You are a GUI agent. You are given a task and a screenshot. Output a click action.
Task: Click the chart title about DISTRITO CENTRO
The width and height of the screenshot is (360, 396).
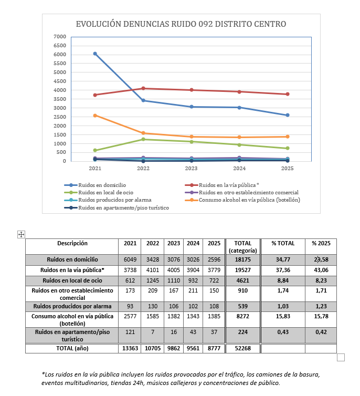click(x=181, y=24)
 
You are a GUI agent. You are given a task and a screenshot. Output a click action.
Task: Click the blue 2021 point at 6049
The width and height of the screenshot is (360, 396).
click(x=95, y=54)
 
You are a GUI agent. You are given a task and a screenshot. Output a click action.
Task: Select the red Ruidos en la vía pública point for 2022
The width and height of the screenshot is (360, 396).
click(x=143, y=88)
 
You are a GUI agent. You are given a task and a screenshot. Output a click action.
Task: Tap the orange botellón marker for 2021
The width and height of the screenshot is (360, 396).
click(x=95, y=116)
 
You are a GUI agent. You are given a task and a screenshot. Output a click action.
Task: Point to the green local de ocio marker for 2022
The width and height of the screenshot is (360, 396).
click(x=143, y=139)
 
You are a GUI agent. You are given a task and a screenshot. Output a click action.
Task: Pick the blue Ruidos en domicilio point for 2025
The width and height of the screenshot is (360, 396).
click(x=288, y=115)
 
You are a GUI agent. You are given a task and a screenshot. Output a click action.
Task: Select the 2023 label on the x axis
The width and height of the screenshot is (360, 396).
click(x=191, y=169)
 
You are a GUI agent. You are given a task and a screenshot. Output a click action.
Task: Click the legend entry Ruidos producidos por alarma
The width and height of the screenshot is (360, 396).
click(x=114, y=200)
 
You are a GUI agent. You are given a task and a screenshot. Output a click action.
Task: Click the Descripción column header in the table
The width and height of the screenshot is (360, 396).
click(x=72, y=243)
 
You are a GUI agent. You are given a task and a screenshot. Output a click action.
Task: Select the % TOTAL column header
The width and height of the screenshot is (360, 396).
click(x=283, y=243)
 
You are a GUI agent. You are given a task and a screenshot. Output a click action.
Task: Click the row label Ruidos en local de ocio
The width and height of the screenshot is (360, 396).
click(x=72, y=280)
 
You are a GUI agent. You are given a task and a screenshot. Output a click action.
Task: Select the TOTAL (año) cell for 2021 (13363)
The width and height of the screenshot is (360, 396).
click(x=130, y=348)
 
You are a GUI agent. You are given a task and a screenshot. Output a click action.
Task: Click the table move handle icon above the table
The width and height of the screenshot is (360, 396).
click(x=22, y=234)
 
